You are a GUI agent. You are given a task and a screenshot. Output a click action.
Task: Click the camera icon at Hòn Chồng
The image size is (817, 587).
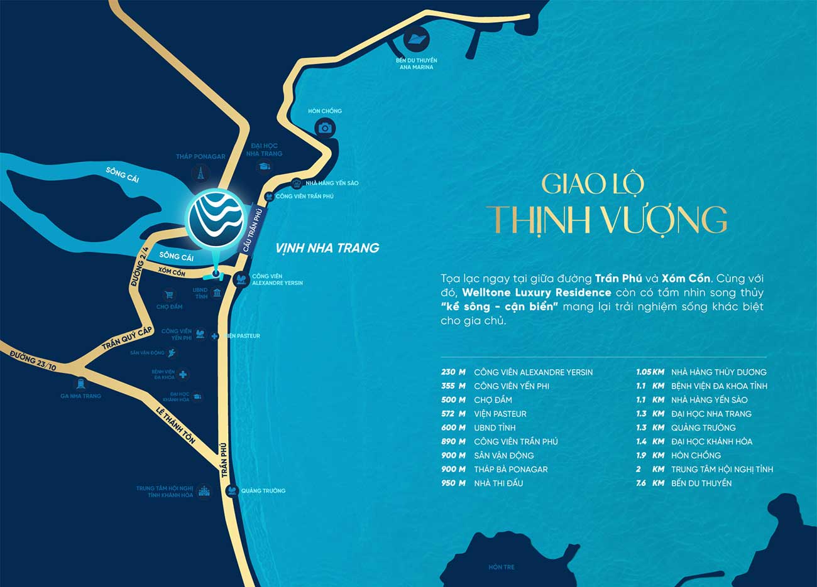(x=324, y=128)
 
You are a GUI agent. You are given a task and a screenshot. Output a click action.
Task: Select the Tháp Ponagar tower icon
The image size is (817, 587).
(x=200, y=173)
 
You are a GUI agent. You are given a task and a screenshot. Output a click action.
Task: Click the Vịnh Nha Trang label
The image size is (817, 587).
(x=327, y=248)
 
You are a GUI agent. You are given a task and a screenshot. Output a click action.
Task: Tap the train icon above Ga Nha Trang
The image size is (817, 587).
(x=80, y=383)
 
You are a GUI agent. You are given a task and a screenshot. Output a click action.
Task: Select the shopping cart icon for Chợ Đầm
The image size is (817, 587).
(x=168, y=294)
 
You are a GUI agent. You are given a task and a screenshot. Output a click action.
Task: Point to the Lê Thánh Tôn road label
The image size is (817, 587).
(x=175, y=425)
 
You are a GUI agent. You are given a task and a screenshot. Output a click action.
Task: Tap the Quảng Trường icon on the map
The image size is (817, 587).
(x=232, y=490)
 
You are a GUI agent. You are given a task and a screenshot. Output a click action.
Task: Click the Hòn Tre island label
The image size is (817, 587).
(x=501, y=567)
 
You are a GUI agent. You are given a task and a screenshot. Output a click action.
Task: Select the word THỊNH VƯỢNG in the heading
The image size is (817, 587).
(x=608, y=220)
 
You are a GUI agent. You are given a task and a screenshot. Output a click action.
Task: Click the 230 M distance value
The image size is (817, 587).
(x=453, y=372)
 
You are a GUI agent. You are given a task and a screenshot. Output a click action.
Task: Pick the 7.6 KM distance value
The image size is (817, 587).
(x=649, y=483)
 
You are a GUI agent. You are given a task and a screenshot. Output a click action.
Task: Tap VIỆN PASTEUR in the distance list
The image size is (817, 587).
(x=500, y=414)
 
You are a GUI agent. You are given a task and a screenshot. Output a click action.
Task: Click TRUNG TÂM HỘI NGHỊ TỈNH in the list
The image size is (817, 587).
(x=721, y=469)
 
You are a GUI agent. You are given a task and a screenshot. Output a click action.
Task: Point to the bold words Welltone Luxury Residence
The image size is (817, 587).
(x=536, y=293)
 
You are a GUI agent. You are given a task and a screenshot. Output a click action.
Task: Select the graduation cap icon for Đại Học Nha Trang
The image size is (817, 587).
(x=264, y=166)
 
